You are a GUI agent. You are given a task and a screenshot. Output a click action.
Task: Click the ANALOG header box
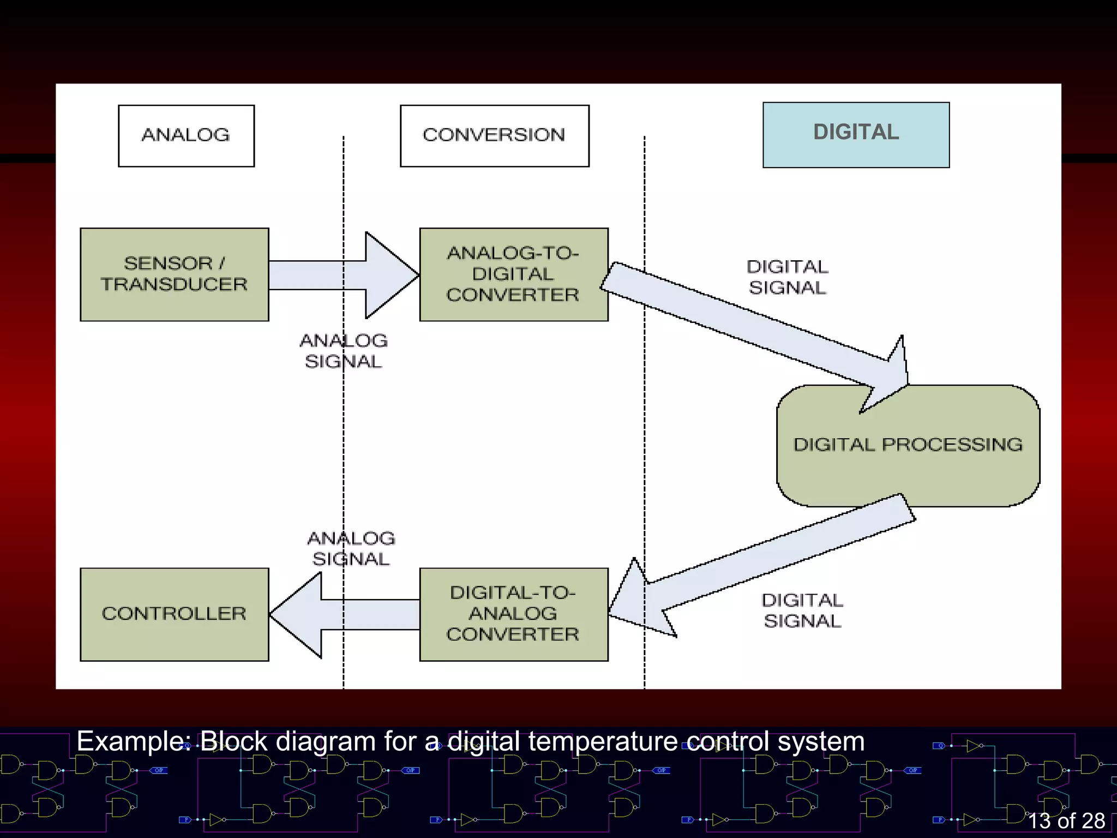(x=186, y=136)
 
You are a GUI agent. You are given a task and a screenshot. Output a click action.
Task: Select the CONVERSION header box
(x=494, y=136)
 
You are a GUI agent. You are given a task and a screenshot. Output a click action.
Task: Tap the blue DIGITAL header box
(x=856, y=134)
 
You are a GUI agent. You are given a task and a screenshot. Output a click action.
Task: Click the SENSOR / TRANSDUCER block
(x=174, y=274)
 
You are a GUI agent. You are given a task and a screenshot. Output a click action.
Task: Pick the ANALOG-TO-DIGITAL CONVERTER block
(x=513, y=274)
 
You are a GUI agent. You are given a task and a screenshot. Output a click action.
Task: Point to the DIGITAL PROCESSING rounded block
(x=908, y=445)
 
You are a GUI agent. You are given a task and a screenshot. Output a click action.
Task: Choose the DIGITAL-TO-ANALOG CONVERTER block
(x=513, y=614)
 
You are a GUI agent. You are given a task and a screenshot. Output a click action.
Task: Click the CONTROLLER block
(x=174, y=614)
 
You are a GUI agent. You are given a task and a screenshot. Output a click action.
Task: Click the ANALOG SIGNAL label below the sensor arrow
(x=343, y=351)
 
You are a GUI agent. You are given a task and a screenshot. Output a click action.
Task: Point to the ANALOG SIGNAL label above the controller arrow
(x=351, y=548)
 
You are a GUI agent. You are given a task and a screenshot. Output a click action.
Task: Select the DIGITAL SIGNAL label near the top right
(x=787, y=277)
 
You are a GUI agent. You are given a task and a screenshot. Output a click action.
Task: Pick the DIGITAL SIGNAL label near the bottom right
(x=802, y=610)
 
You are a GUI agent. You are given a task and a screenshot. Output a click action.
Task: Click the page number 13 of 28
(x=1066, y=821)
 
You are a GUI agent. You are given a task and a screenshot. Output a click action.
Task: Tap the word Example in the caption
(x=133, y=742)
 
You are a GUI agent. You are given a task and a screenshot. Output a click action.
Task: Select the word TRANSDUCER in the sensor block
(x=174, y=285)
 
